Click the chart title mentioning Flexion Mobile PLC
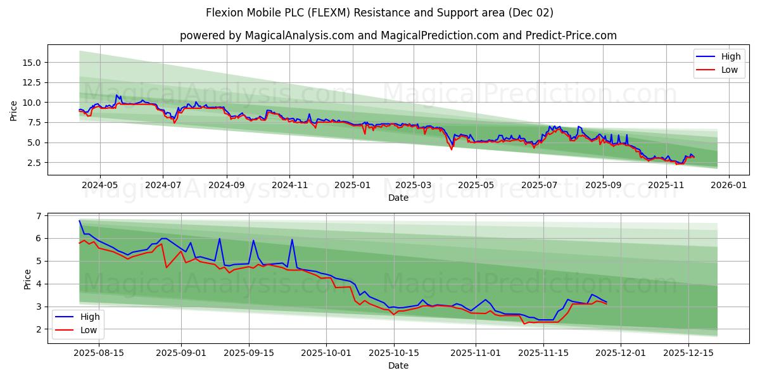(379, 13)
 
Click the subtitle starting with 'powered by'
(398, 35)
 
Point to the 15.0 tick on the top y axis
(31, 63)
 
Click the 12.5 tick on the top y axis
(31, 82)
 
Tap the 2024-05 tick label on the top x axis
(100, 186)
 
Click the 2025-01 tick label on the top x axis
(352, 186)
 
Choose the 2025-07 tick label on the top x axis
(539, 186)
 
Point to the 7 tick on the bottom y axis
(39, 216)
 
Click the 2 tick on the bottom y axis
(39, 329)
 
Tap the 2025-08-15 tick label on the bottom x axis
(99, 353)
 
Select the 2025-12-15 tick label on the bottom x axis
(688, 353)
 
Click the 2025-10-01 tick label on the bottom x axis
(326, 353)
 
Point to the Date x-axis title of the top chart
(398, 198)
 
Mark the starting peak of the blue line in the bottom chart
(80, 221)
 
